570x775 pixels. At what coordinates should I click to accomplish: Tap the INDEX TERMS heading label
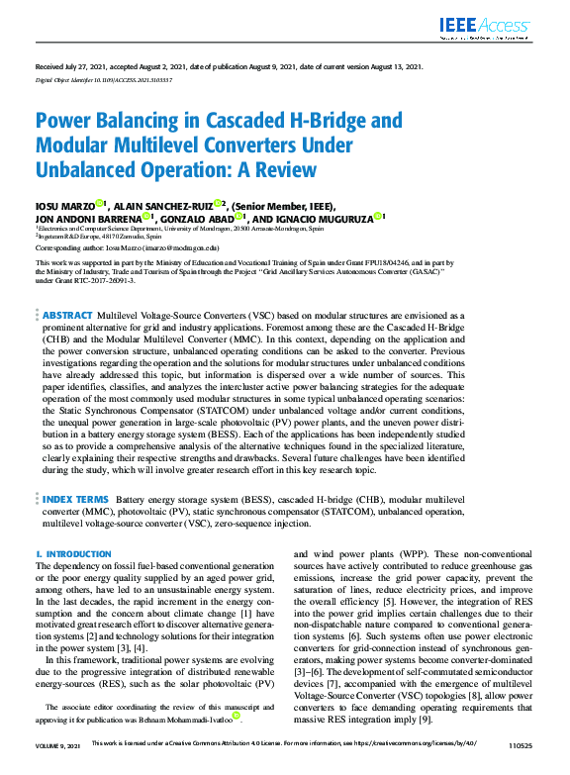coord(75,500)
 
